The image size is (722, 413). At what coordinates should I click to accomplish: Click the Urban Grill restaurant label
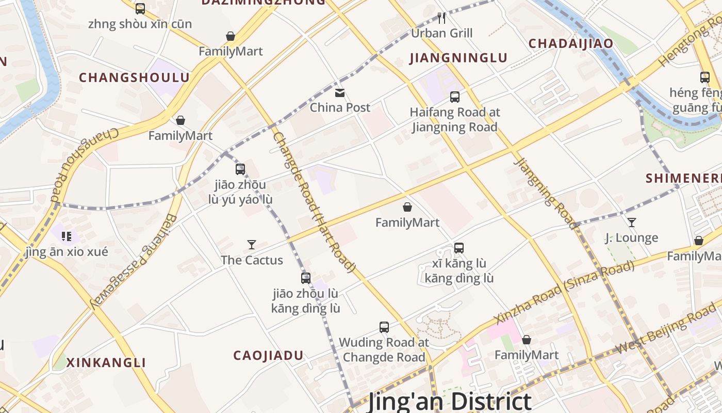coord(441,34)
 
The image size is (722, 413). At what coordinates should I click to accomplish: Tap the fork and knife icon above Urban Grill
coord(441,18)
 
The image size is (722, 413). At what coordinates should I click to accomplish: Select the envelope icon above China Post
coord(340,93)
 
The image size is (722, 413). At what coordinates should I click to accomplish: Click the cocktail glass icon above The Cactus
coord(252,245)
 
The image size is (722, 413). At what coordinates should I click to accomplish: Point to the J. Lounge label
coord(631,238)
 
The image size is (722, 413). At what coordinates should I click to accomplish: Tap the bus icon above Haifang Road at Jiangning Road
coord(454,97)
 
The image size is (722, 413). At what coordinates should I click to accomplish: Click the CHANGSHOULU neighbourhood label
coord(134,78)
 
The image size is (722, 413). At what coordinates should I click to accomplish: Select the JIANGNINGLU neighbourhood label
coord(458,58)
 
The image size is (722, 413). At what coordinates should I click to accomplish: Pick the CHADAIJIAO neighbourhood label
coord(571,44)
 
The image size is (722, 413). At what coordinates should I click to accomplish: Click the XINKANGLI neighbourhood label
coord(106,362)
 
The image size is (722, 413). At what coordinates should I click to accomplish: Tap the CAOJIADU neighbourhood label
coord(268,356)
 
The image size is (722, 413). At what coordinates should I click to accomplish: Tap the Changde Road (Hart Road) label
coord(315,201)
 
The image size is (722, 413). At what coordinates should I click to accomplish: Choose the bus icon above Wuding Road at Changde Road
coord(384,327)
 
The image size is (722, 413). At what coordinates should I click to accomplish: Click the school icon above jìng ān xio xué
coord(66,237)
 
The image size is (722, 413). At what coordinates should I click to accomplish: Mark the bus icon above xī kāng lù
coord(459,248)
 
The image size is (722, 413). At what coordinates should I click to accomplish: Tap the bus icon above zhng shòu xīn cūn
coord(140,9)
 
